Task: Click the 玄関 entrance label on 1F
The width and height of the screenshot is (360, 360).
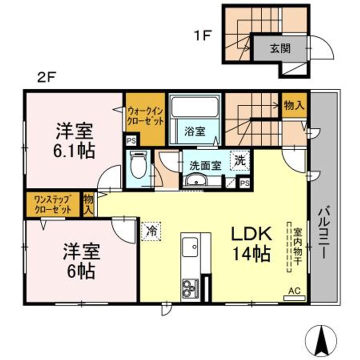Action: (x=280, y=48)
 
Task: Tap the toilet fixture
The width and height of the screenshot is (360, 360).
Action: (x=138, y=164)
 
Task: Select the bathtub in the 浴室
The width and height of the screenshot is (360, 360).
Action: (x=195, y=107)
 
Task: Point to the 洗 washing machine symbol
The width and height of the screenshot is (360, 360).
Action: (x=240, y=160)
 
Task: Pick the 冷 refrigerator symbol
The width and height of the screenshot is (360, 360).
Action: (x=151, y=231)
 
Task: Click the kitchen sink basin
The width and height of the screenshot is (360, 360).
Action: (x=190, y=247)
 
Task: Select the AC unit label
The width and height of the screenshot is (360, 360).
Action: (x=294, y=291)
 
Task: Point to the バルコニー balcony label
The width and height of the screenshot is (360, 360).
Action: (x=323, y=231)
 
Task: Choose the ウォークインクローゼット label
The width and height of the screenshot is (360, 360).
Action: (x=145, y=116)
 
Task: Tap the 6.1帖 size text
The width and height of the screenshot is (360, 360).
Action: (x=74, y=150)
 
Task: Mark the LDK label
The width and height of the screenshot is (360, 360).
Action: (x=251, y=233)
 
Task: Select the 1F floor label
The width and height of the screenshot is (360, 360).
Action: (x=202, y=36)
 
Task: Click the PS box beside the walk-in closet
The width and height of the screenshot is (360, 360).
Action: (x=131, y=140)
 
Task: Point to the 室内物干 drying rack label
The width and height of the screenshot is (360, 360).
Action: (x=297, y=246)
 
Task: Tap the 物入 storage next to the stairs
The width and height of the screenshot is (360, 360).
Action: (x=294, y=105)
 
